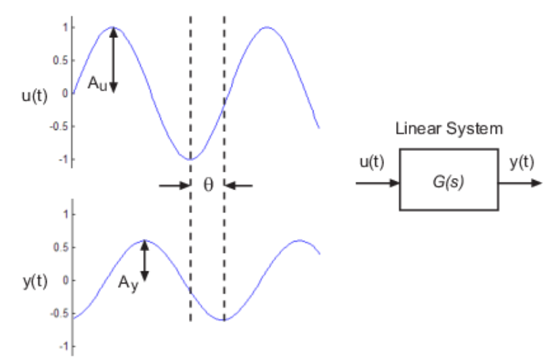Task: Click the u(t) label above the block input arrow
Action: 372,163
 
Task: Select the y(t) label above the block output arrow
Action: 521,163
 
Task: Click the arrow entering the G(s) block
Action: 377,182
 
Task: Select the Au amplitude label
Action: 97,83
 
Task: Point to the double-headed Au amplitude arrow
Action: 113,60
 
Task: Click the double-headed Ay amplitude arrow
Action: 144,261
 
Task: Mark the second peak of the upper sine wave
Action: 268,28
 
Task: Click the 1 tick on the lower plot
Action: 65,215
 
